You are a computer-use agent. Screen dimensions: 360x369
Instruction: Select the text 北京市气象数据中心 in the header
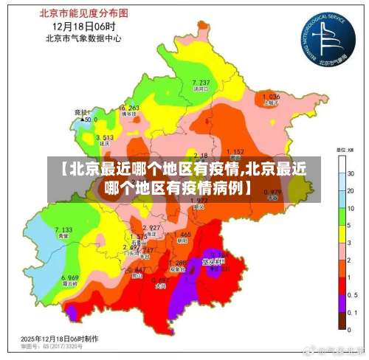point(83,38)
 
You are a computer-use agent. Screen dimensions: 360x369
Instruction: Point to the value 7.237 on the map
point(200,82)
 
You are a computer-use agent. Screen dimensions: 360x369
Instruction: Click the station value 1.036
point(271,97)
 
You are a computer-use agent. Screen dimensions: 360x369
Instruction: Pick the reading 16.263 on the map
point(128,108)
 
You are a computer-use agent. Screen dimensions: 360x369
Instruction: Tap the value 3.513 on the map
point(104,137)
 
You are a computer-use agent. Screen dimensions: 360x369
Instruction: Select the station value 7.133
point(63,230)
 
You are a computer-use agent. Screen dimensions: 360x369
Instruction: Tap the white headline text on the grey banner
point(184,178)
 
